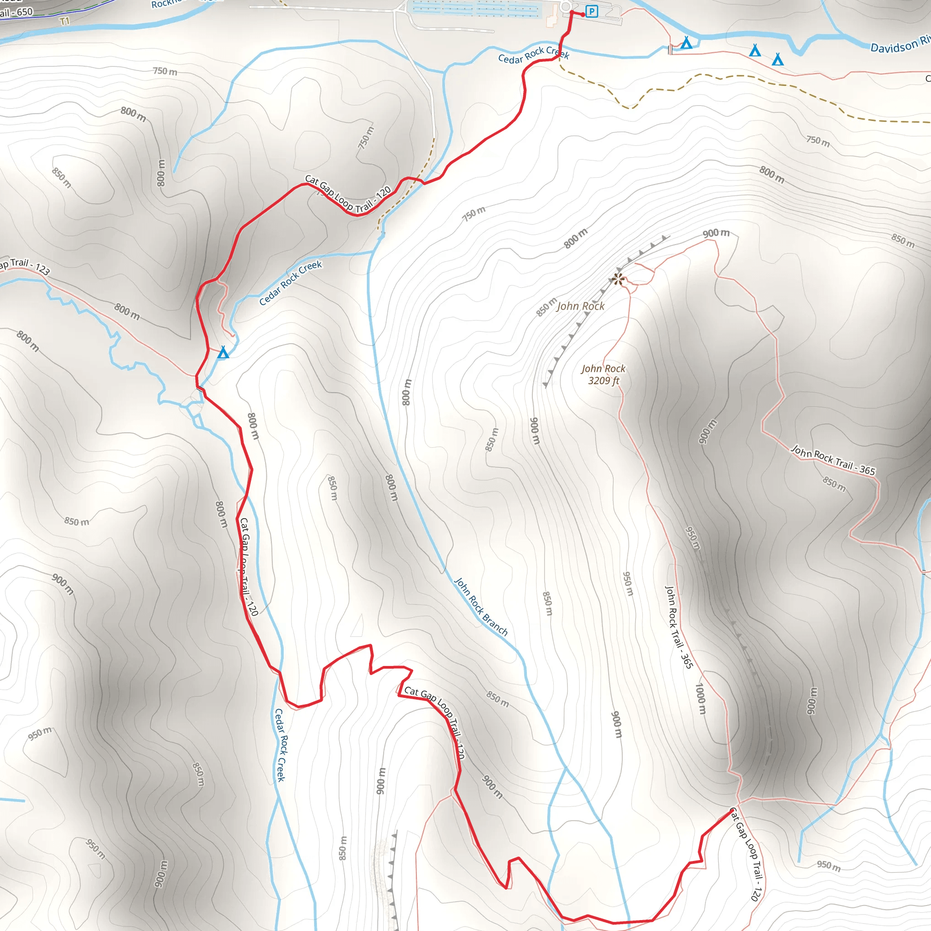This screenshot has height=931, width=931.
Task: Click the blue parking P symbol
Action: (592, 11)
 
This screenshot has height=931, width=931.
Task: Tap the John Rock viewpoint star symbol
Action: (618, 279)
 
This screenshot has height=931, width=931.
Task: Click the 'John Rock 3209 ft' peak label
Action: (603, 375)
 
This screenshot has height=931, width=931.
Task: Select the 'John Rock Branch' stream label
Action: (481, 607)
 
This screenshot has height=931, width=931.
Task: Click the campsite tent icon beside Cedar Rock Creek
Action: (223, 353)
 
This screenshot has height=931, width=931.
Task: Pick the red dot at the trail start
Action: (583, 15)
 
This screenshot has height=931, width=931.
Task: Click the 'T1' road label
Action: (65, 21)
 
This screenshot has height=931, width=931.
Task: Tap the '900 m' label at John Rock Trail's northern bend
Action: (716, 233)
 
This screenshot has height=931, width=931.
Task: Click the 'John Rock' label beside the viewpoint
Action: (581, 306)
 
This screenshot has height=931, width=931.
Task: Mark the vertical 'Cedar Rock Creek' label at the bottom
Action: (280, 745)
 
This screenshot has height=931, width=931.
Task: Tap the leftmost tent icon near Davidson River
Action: (686, 43)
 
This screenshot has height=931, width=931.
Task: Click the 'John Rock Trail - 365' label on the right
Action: (833, 460)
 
